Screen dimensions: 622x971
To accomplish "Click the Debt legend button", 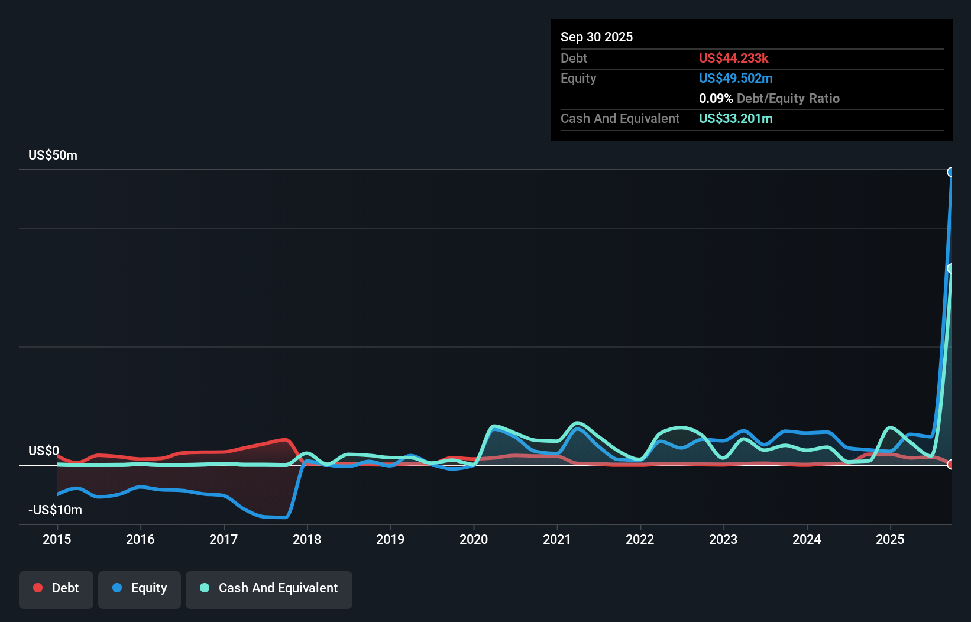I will [x=56, y=589].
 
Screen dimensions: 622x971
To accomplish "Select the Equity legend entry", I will [x=140, y=589].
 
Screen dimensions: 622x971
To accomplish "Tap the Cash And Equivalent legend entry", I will [x=269, y=589].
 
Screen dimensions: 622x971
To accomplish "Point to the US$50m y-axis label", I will [x=53, y=155].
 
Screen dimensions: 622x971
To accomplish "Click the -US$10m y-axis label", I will [x=55, y=510].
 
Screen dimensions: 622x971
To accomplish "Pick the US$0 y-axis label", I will [x=44, y=451].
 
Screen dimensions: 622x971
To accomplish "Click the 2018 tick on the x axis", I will [x=307, y=539].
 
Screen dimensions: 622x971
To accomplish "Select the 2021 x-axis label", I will [x=557, y=539].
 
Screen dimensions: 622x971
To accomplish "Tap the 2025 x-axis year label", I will [x=890, y=539].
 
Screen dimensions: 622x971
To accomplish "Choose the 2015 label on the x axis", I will [x=57, y=539].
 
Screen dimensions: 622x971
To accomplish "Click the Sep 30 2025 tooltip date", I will [x=597, y=37].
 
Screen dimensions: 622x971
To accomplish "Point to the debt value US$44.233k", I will [x=733, y=58].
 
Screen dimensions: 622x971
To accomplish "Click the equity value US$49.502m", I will [x=736, y=78].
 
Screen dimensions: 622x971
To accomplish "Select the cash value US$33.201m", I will [x=736, y=118].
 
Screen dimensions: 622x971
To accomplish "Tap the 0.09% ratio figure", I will [x=716, y=98].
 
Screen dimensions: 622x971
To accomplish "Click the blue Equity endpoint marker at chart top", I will [x=951, y=172].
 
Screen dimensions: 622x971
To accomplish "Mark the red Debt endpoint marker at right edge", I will [x=951, y=464].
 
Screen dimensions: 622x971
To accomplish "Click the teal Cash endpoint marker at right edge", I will [x=951, y=268].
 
